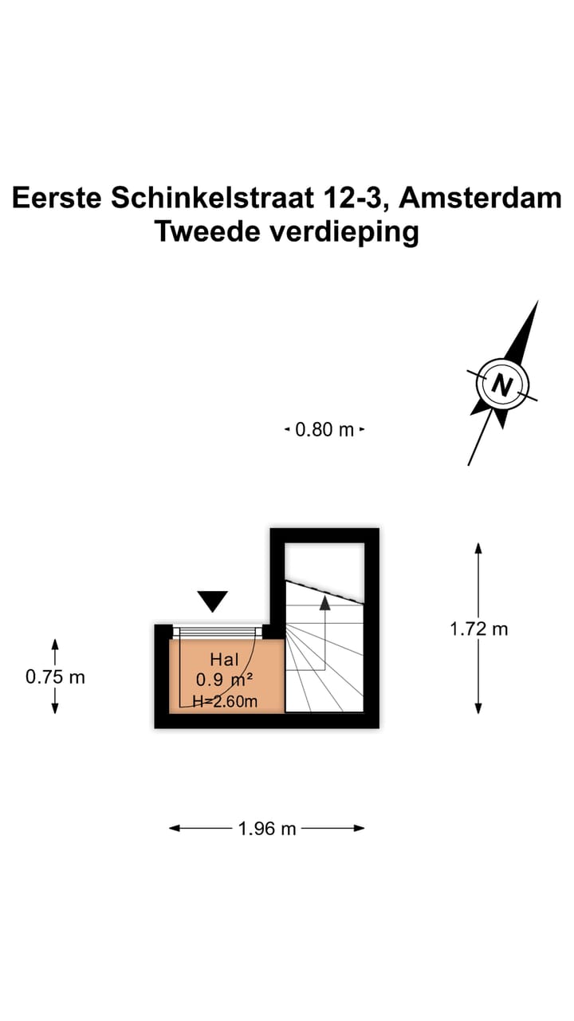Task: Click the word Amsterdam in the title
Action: pyautogui.click(x=481, y=198)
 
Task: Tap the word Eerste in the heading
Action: pyautogui.click(x=56, y=198)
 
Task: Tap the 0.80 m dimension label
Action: pyautogui.click(x=324, y=430)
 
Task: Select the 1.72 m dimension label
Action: pyautogui.click(x=478, y=629)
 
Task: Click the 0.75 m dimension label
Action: pyautogui.click(x=55, y=677)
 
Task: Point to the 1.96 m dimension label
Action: pyautogui.click(x=267, y=829)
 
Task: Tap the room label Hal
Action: pyautogui.click(x=224, y=660)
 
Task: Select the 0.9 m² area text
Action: pyautogui.click(x=224, y=680)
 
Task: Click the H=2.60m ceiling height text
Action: pyautogui.click(x=226, y=701)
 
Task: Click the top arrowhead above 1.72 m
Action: pyautogui.click(x=478, y=549)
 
